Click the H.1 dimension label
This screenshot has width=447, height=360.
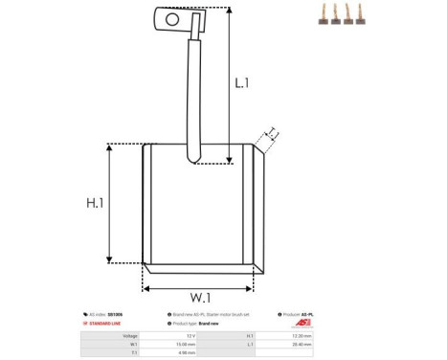tap(95, 203)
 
